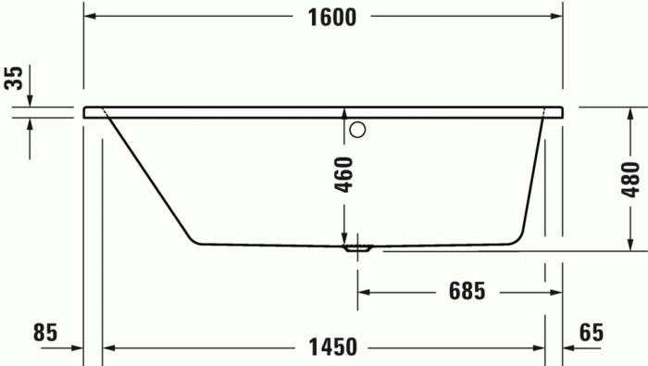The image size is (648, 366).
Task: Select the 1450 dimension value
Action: click(332, 348)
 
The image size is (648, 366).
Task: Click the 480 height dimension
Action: click(631, 177)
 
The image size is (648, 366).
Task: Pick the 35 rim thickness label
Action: click(13, 78)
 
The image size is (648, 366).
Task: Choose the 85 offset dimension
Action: click(44, 331)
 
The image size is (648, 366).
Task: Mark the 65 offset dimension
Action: click(592, 331)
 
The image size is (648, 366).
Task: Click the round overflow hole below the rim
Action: click(359, 129)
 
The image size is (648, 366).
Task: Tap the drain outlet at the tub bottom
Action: click(358, 247)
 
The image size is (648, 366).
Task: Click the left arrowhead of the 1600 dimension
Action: click(90, 17)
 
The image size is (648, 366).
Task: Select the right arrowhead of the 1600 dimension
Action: click(557, 17)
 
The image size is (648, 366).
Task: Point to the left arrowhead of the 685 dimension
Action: click(364, 292)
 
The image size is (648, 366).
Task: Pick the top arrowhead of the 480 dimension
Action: click(631, 111)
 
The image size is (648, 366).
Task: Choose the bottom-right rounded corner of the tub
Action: click(518, 239)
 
